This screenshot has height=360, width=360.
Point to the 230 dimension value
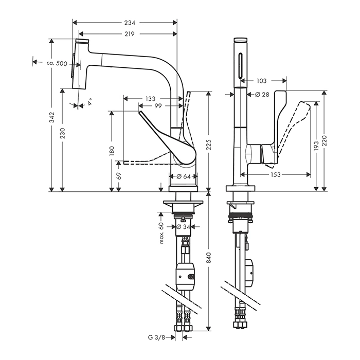(x=62, y=135)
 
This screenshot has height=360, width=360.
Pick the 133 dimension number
(x=150, y=98)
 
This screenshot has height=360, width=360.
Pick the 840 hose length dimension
(x=208, y=261)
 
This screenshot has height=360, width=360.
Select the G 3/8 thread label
(x=154, y=338)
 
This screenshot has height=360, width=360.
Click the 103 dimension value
(x=261, y=81)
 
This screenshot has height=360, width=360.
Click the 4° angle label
(x=91, y=101)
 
